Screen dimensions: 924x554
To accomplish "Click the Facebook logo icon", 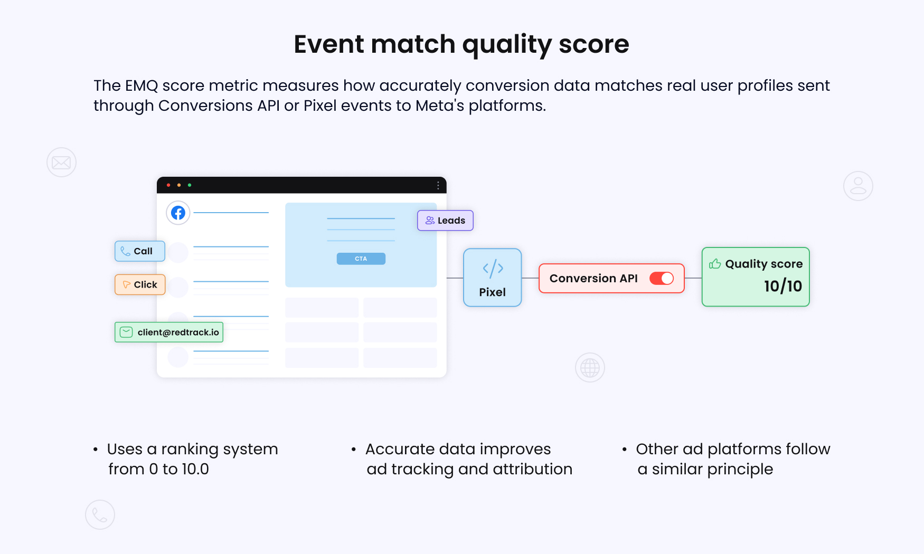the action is click(178, 213).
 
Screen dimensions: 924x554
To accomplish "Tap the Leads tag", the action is click(445, 221).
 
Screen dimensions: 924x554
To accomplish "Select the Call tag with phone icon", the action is click(140, 251).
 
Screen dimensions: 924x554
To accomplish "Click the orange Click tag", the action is click(140, 284).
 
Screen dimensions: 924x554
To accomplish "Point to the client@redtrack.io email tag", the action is click(169, 332).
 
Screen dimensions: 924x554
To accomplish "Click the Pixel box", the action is click(493, 278).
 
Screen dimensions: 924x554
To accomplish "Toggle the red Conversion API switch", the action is click(662, 278).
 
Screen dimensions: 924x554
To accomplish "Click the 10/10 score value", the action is click(783, 286).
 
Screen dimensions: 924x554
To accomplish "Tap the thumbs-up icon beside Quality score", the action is click(715, 263).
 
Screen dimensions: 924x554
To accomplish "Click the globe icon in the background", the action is click(590, 367).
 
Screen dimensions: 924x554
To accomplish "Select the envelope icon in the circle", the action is click(61, 162).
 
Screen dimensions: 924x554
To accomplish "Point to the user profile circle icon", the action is click(858, 186).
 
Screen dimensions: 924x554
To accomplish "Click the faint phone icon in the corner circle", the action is click(100, 514).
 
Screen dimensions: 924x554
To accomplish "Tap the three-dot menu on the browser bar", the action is click(438, 185).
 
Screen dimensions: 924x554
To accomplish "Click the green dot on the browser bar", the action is click(190, 185).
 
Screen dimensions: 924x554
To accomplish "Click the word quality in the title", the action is click(507, 45).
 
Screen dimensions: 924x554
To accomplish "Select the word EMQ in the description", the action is click(142, 85).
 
